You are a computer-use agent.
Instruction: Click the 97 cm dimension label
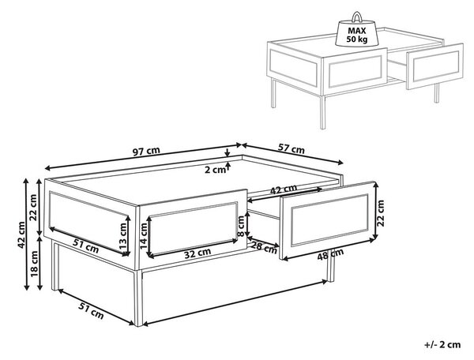(146, 152)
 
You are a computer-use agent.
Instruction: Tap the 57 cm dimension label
(291, 148)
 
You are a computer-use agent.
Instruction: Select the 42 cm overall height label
(21, 235)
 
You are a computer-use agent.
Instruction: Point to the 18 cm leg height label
(34, 264)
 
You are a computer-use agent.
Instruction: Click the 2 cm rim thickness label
(215, 170)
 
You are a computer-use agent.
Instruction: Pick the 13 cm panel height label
(122, 235)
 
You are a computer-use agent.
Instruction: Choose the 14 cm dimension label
(144, 235)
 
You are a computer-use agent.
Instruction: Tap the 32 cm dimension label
(197, 253)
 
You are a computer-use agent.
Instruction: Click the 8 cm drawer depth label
(241, 227)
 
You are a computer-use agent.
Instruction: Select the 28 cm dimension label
(264, 247)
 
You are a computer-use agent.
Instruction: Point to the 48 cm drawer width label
(330, 254)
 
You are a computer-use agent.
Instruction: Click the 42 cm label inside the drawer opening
(284, 189)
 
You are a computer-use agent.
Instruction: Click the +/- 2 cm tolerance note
(442, 344)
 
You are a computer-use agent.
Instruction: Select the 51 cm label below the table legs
(92, 310)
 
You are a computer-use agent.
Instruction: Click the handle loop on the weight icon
(357, 17)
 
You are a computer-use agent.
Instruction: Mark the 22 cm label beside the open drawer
(381, 213)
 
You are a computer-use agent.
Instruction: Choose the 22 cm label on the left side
(32, 208)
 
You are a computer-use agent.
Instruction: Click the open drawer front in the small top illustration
(435, 66)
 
